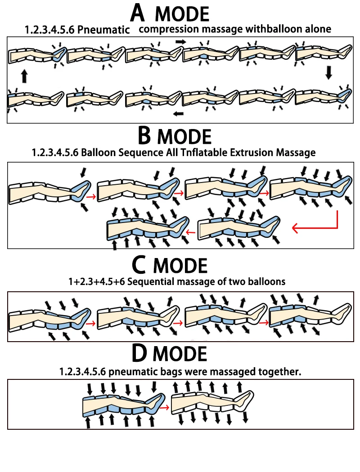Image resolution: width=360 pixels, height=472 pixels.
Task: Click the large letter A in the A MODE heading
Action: (138, 13)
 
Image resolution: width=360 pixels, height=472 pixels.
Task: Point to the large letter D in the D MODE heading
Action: (140, 353)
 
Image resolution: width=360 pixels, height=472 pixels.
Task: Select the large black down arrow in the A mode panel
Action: (329, 72)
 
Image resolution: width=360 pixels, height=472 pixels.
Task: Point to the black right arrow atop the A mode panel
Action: (180, 41)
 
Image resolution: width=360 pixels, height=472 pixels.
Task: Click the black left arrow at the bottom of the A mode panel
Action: (179, 113)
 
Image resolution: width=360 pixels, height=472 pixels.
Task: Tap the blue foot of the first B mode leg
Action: (81, 191)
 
